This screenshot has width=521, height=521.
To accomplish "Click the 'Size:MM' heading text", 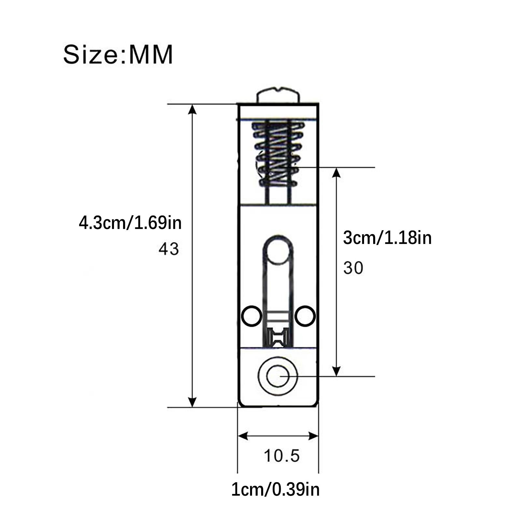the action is pyautogui.click(x=118, y=55).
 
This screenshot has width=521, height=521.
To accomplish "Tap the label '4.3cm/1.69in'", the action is pyautogui.click(x=130, y=223).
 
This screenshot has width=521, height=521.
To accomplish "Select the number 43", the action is pyautogui.click(x=169, y=249).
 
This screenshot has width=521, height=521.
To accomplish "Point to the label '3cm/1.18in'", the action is pyautogui.click(x=387, y=238).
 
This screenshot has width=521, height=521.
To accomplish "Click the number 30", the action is pyautogui.click(x=353, y=268).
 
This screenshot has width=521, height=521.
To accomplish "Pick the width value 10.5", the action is pyautogui.click(x=282, y=456).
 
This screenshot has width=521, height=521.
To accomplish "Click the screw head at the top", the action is pyautogui.click(x=278, y=95).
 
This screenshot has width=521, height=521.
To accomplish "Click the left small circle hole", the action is pyautogui.click(x=252, y=316).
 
